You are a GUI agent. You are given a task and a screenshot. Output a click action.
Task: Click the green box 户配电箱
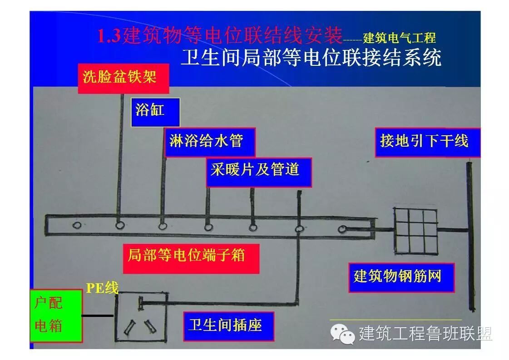[x=56, y=315]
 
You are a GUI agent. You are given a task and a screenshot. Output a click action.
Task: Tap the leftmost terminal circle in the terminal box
[x=77, y=225]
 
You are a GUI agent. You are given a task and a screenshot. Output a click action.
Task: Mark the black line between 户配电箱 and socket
[x=98, y=315]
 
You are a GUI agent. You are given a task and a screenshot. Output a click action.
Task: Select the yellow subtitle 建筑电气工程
[x=399, y=37]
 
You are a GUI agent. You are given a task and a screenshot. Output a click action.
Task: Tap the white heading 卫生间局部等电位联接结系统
[x=311, y=59]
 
